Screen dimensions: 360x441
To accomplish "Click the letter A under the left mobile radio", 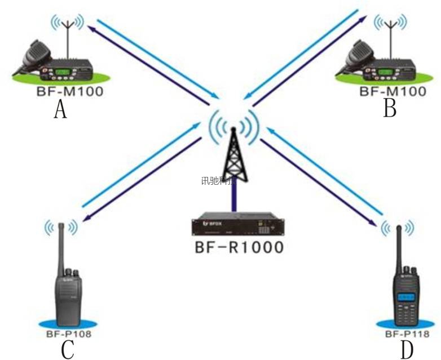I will pos(60,109).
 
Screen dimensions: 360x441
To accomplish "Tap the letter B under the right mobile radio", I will pos(389,108).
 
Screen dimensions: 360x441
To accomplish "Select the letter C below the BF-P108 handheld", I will pos(68,349).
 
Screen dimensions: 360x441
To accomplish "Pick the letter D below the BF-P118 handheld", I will pos(407,350).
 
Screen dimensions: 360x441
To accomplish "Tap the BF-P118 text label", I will pos(407,334).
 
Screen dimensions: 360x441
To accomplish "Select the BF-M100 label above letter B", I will pos(393,91).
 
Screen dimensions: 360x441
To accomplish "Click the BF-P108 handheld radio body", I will pos(69,293).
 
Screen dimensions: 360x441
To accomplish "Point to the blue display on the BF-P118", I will pos(406,297).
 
